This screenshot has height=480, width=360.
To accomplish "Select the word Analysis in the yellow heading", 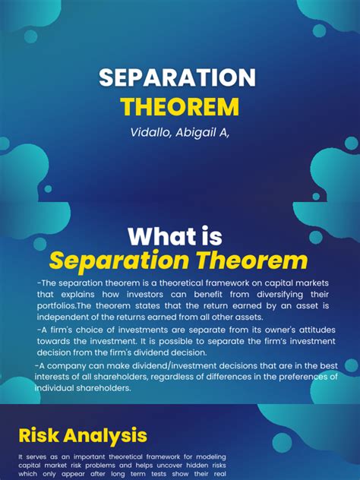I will [x=108, y=435].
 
